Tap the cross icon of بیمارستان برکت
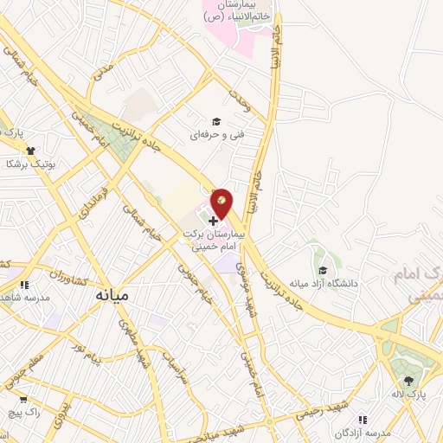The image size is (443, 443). pyautogui.click(x=214, y=221)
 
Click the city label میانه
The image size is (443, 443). pyautogui.click(x=111, y=294)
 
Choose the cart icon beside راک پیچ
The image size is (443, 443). pyautogui.click(x=23, y=399)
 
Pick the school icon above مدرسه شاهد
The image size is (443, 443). pyautogui.click(x=26, y=284)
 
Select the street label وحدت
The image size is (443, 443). pyautogui.click(x=241, y=101)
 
